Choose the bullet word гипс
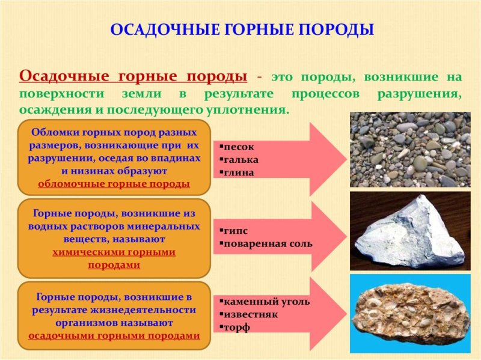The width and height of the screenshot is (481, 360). [235, 231]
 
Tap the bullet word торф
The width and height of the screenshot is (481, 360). [236, 328]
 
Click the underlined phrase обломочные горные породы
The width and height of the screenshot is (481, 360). [114, 184]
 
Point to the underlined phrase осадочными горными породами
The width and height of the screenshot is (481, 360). [114, 336]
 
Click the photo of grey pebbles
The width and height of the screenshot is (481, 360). [410, 149]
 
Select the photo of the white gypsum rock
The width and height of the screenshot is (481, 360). [410, 231]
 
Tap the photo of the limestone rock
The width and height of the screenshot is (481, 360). [410, 313]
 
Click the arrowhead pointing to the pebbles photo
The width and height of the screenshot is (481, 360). [328, 159]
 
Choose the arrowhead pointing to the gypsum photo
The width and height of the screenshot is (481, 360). [328, 237]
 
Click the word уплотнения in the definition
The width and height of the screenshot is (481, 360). [253, 111]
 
